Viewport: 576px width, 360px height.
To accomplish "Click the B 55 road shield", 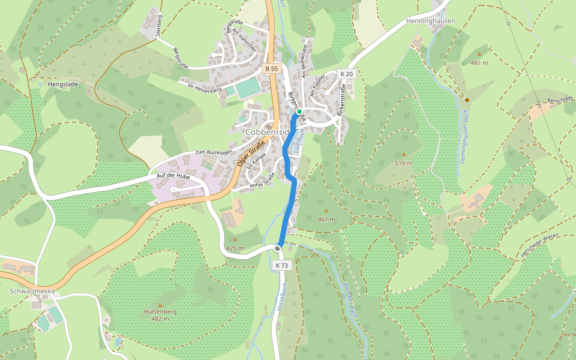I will point(272,69).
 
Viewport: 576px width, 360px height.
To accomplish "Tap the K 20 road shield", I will point(346,74).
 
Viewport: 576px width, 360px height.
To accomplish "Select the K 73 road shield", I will point(282,265).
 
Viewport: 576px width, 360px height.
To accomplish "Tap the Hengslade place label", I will point(62,85).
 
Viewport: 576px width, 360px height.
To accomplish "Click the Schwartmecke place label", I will point(33,291).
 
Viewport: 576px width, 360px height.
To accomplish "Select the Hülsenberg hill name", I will point(160,311).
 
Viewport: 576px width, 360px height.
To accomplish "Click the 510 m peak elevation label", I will point(403,163).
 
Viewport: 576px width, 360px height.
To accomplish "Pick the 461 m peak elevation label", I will point(326,220).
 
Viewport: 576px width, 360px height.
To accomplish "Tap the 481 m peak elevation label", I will point(479,63).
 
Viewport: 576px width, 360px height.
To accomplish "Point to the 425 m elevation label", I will point(235,248).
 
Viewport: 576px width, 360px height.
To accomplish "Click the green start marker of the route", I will point(299,112).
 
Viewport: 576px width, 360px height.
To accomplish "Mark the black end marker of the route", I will point(278,248).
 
